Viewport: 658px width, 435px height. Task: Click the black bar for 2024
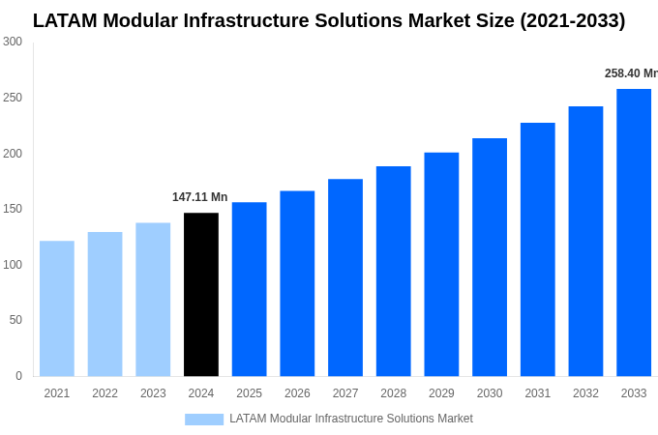point(201,295)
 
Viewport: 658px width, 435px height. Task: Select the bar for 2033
point(634,232)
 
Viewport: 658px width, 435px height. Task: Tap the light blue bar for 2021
point(57,308)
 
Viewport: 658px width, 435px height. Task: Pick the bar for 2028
point(394,271)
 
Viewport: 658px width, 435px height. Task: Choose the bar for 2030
point(490,257)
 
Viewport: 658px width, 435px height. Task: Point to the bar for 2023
point(153,300)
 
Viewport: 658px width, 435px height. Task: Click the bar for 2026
point(297,283)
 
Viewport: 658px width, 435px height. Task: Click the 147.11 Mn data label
point(199,197)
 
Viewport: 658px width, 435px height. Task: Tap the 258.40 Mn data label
point(630,73)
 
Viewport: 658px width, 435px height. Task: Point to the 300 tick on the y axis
point(13,42)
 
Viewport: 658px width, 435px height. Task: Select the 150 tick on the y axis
point(13,209)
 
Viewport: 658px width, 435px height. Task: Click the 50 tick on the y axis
point(15,320)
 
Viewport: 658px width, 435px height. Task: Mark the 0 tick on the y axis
point(18,376)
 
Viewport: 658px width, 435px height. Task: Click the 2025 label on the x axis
point(249,393)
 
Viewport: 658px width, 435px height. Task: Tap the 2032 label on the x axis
point(585,393)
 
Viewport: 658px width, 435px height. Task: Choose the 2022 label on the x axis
point(105,393)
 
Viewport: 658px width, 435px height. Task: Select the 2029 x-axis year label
point(441,393)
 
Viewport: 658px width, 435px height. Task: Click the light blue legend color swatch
point(204,420)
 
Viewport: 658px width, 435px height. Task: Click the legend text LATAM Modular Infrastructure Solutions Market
point(351,419)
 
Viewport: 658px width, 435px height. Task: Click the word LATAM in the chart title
point(67,20)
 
